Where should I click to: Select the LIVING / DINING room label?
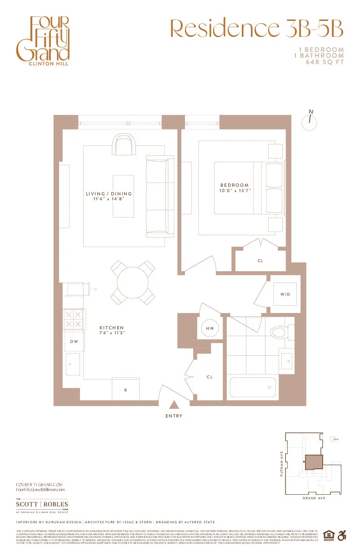[x=105, y=196]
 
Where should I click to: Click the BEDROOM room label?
[x=235, y=188]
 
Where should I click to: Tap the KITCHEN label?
[x=112, y=330]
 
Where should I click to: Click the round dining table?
[x=132, y=282]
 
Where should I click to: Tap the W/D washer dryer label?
[x=285, y=294]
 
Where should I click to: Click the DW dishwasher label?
[x=74, y=341]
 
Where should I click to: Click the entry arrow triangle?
[x=174, y=406]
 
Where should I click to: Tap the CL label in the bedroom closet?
[x=260, y=261]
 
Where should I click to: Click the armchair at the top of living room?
[x=124, y=145]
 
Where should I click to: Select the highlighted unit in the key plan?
[x=313, y=462]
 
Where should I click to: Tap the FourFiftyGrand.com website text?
[x=39, y=485]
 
